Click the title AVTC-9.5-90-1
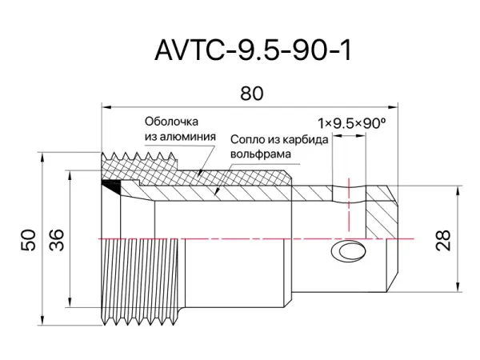(252, 50)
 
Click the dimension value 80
(251, 93)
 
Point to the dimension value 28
(444, 239)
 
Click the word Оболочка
(171, 122)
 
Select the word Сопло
(246, 138)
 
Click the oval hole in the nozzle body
(350, 252)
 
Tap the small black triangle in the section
(114, 186)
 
